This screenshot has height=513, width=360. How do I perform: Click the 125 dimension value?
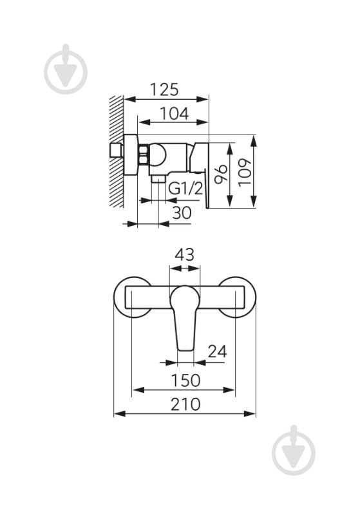coord(164,89)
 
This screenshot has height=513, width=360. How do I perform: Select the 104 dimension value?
coord(174,113)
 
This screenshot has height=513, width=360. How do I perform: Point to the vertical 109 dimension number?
coord(245,173)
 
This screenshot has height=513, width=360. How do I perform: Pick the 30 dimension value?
coord(182,213)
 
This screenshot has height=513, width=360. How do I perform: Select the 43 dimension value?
coord(184,254)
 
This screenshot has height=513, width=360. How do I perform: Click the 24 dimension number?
coord(217,351)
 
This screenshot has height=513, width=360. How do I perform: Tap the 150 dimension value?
coord(185,380)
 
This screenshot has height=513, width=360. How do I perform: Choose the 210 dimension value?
coord(185,404)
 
